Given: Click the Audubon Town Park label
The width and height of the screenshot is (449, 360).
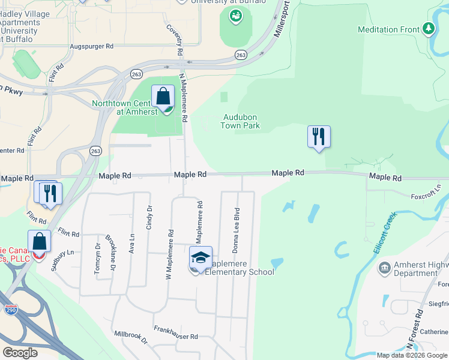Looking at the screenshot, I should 241,122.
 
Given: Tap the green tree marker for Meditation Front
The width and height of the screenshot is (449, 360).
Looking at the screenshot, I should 428,29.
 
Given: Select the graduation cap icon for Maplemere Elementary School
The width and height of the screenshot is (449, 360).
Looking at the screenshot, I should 201,257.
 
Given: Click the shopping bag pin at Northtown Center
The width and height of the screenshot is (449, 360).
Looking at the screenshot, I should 163,97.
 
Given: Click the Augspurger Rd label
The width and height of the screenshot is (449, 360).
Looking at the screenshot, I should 91,46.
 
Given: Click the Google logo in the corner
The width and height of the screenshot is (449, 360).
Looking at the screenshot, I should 20,352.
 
